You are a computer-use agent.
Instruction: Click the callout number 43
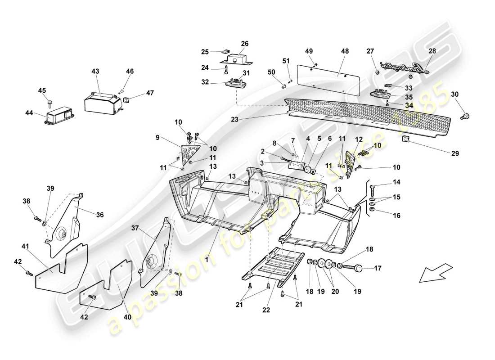[x=96, y=71]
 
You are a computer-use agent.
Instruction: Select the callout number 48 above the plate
[x=345, y=51]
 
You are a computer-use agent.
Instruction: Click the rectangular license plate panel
[x=328, y=79]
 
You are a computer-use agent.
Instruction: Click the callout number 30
[x=454, y=94]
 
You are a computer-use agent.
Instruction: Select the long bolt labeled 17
[x=355, y=267]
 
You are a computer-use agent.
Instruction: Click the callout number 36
[x=99, y=215]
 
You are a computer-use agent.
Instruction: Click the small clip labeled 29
[x=406, y=139]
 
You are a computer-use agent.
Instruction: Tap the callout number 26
[x=244, y=44]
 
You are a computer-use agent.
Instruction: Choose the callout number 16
[x=396, y=216]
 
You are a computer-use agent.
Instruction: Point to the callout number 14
[x=396, y=183]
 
